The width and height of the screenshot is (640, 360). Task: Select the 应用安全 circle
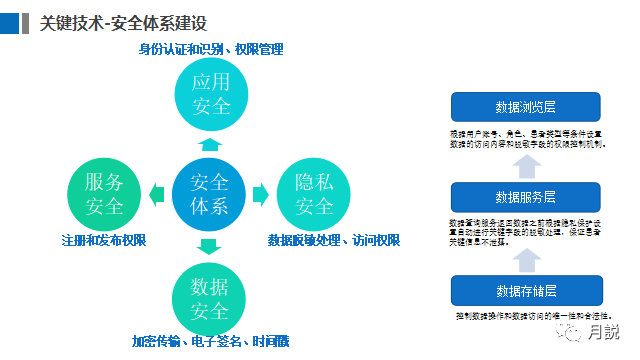[x=210, y=94]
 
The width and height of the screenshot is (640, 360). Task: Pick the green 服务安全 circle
[x=104, y=194]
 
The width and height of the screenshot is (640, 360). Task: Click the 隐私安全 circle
[x=314, y=194]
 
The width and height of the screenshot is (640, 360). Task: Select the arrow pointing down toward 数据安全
[x=209, y=246]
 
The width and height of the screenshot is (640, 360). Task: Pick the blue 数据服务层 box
[x=525, y=196]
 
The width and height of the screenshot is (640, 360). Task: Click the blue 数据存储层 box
[x=525, y=290]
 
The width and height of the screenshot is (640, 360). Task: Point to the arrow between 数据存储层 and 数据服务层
[x=525, y=258]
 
